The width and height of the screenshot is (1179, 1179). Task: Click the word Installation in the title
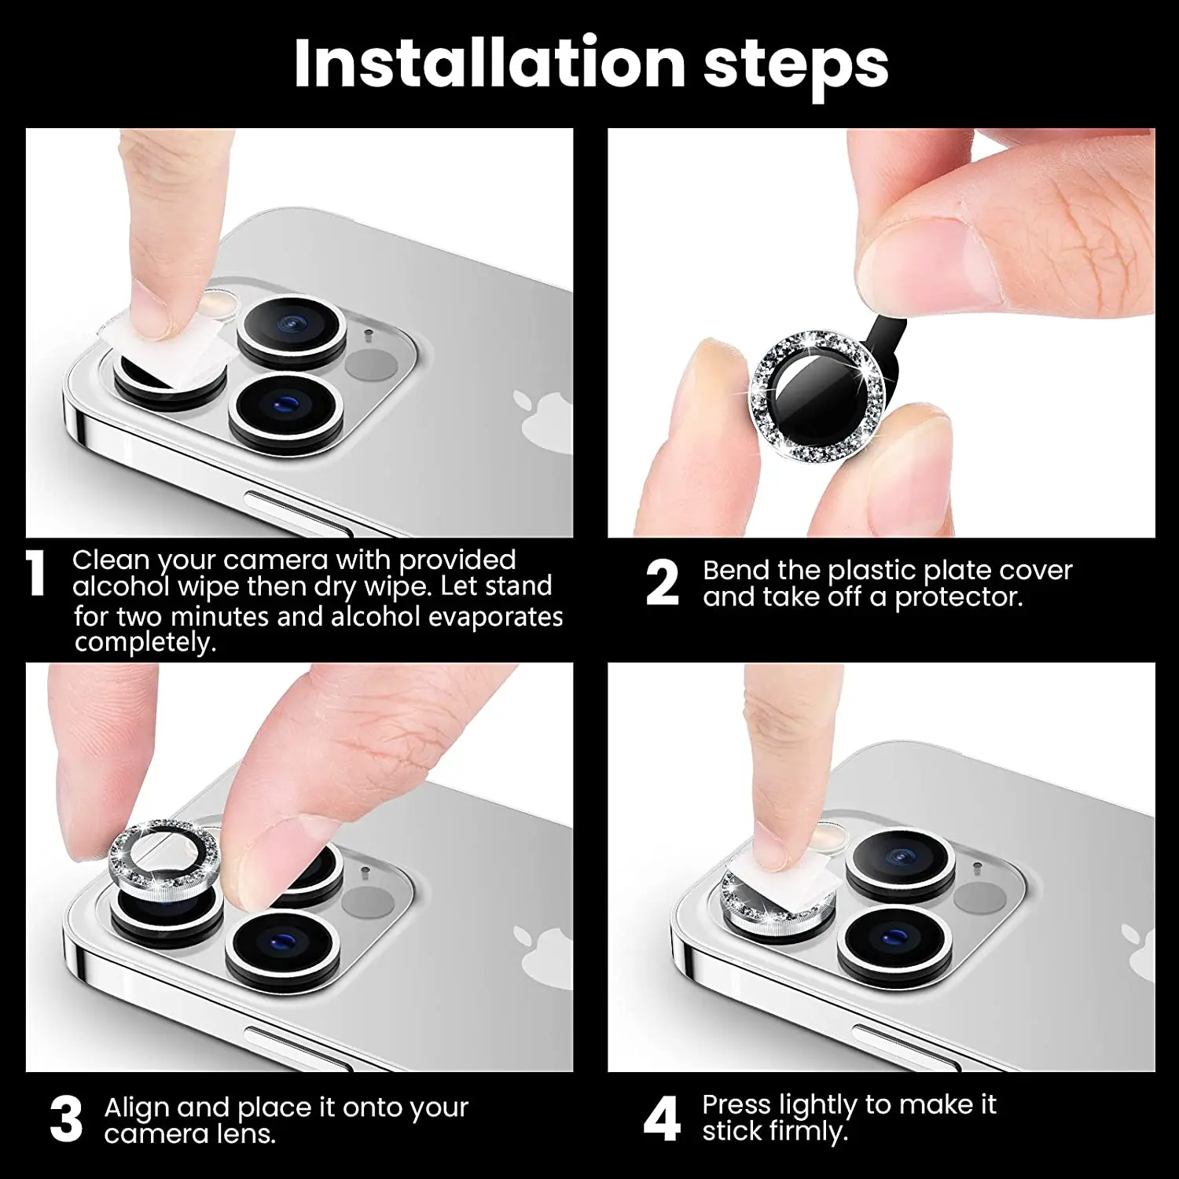(489, 64)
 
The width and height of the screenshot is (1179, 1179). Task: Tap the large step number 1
(36, 573)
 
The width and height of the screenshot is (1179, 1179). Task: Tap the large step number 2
(662, 583)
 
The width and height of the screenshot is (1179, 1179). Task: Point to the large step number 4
(662, 1119)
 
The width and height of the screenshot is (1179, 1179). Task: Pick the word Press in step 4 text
(737, 1104)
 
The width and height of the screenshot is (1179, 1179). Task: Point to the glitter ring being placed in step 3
(163, 853)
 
